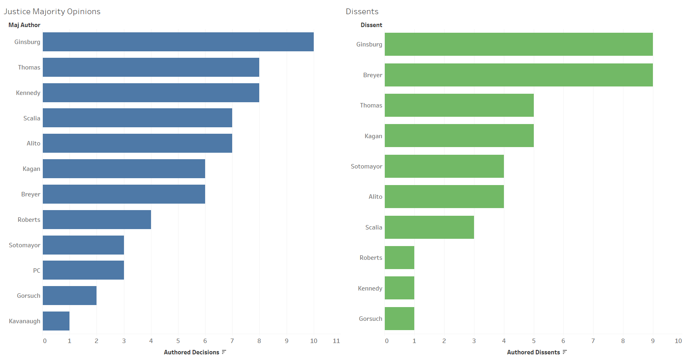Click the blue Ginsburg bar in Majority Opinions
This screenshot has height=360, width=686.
click(178, 42)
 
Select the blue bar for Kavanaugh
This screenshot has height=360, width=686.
click(56, 321)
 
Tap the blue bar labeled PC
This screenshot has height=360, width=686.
click(83, 270)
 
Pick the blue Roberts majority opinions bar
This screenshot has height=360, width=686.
click(97, 219)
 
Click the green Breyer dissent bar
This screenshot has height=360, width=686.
click(518, 75)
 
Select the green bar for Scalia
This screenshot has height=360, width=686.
click(429, 227)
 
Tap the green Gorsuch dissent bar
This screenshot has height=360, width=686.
click(399, 318)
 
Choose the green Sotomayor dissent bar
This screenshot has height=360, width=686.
click(444, 166)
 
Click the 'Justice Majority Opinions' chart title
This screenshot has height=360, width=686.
click(52, 11)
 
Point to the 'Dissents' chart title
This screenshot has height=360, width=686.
click(362, 11)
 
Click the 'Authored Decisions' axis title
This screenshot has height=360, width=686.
click(191, 352)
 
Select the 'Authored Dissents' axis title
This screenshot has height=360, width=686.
click(533, 352)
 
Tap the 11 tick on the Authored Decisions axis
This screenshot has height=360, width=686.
click(336, 341)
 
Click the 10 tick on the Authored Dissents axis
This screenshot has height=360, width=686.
click(678, 341)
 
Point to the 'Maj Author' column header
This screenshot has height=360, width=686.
click(24, 25)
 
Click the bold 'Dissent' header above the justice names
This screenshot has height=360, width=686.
click(371, 25)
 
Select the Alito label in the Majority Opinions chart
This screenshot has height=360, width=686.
click(34, 143)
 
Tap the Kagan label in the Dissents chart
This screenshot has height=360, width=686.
click(373, 136)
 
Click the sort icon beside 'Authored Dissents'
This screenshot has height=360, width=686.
click(564, 352)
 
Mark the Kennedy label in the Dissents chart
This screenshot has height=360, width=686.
click(370, 288)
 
